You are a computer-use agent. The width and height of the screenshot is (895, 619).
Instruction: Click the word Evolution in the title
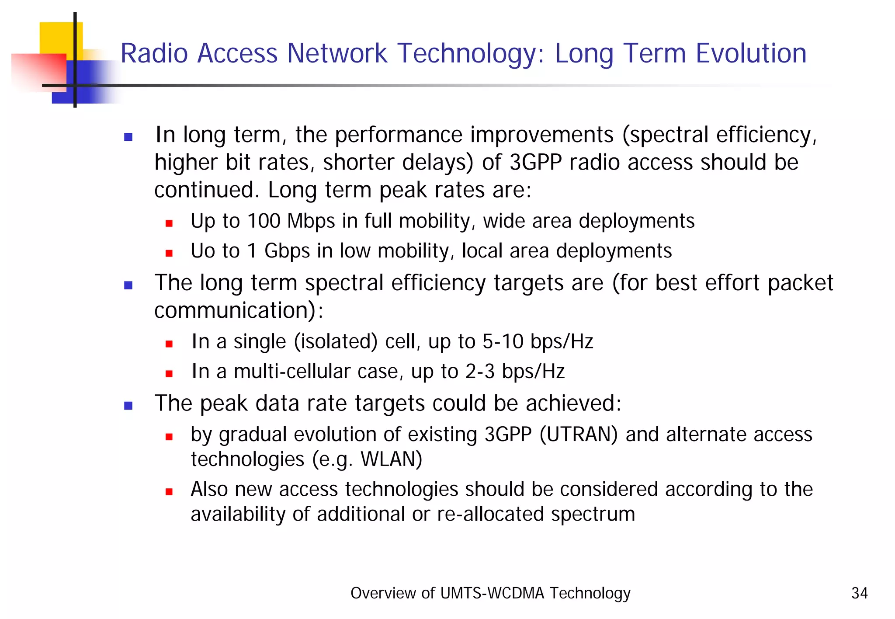tap(750, 53)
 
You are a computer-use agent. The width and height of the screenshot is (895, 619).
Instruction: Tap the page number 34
tap(859, 593)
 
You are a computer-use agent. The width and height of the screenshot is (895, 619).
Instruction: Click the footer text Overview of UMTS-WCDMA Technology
tap(490, 593)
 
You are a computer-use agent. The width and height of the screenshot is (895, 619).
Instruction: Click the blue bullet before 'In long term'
tap(128, 137)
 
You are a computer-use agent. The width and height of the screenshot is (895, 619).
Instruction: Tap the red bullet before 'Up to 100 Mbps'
tap(169, 223)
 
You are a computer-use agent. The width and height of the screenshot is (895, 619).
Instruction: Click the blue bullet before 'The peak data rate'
tap(128, 406)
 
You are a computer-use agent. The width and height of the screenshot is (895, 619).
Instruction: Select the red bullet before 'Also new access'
tap(169, 492)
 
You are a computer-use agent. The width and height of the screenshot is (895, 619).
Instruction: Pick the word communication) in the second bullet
tap(234, 310)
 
